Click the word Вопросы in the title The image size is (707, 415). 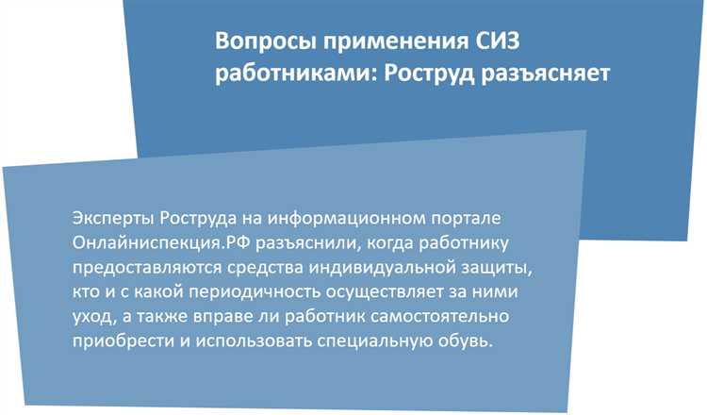tap(262, 41)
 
